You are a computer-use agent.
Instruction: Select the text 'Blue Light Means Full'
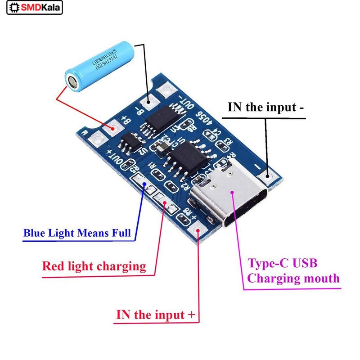(77, 233)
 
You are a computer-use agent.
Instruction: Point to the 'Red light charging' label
(94, 265)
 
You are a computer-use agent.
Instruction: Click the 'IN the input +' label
(157, 315)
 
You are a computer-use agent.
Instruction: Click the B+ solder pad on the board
(109, 129)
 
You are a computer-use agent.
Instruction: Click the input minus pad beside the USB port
(270, 177)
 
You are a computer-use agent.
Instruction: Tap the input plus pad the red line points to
(198, 232)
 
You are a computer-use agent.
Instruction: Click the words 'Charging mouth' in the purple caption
(293, 278)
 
